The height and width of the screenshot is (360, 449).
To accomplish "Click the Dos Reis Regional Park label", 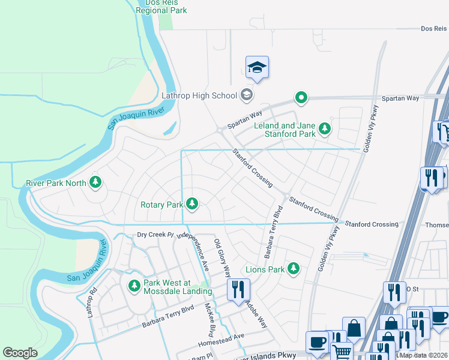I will click(x=161, y=7).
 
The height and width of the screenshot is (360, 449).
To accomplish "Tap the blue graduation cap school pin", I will click(x=257, y=68).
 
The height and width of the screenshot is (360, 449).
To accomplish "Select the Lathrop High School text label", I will click(x=199, y=95).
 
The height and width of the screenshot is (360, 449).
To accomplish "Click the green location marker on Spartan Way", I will click(x=301, y=97).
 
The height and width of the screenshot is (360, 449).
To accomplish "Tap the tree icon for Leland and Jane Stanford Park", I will click(x=325, y=128).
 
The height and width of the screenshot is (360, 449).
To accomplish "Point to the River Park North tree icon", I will click(x=95, y=181).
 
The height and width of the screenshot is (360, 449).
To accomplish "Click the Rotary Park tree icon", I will click(x=192, y=204).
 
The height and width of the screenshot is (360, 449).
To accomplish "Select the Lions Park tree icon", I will click(x=294, y=268).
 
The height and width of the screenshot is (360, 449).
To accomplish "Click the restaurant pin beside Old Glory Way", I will click(x=238, y=289).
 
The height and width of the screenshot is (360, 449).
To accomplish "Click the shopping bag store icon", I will click(x=354, y=328).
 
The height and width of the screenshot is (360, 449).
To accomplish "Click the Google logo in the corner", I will click(x=20, y=353).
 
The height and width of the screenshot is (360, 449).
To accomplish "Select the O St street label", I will click(x=412, y=289).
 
